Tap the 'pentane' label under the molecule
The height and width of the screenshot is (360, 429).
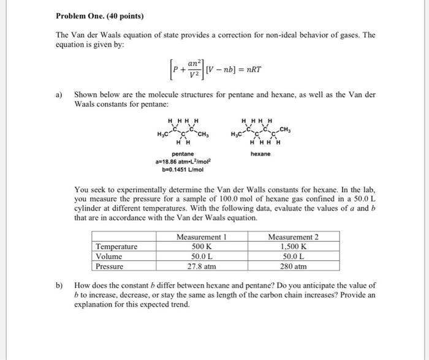[x=183, y=154]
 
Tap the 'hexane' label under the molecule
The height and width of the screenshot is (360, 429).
[x=260, y=154]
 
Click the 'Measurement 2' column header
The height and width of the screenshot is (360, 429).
[x=293, y=237]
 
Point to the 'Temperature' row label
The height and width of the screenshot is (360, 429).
[x=117, y=247]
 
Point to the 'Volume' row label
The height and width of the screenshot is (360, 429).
[x=110, y=257]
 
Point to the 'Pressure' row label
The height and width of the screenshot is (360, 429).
[x=110, y=266]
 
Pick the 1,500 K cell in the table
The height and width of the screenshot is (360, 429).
[x=293, y=247]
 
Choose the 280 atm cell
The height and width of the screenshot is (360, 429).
[x=293, y=266]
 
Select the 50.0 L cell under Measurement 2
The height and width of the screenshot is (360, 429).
[x=293, y=257]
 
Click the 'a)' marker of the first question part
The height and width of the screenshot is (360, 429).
[x=59, y=96]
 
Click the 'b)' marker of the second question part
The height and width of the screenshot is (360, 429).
[x=59, y=285]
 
